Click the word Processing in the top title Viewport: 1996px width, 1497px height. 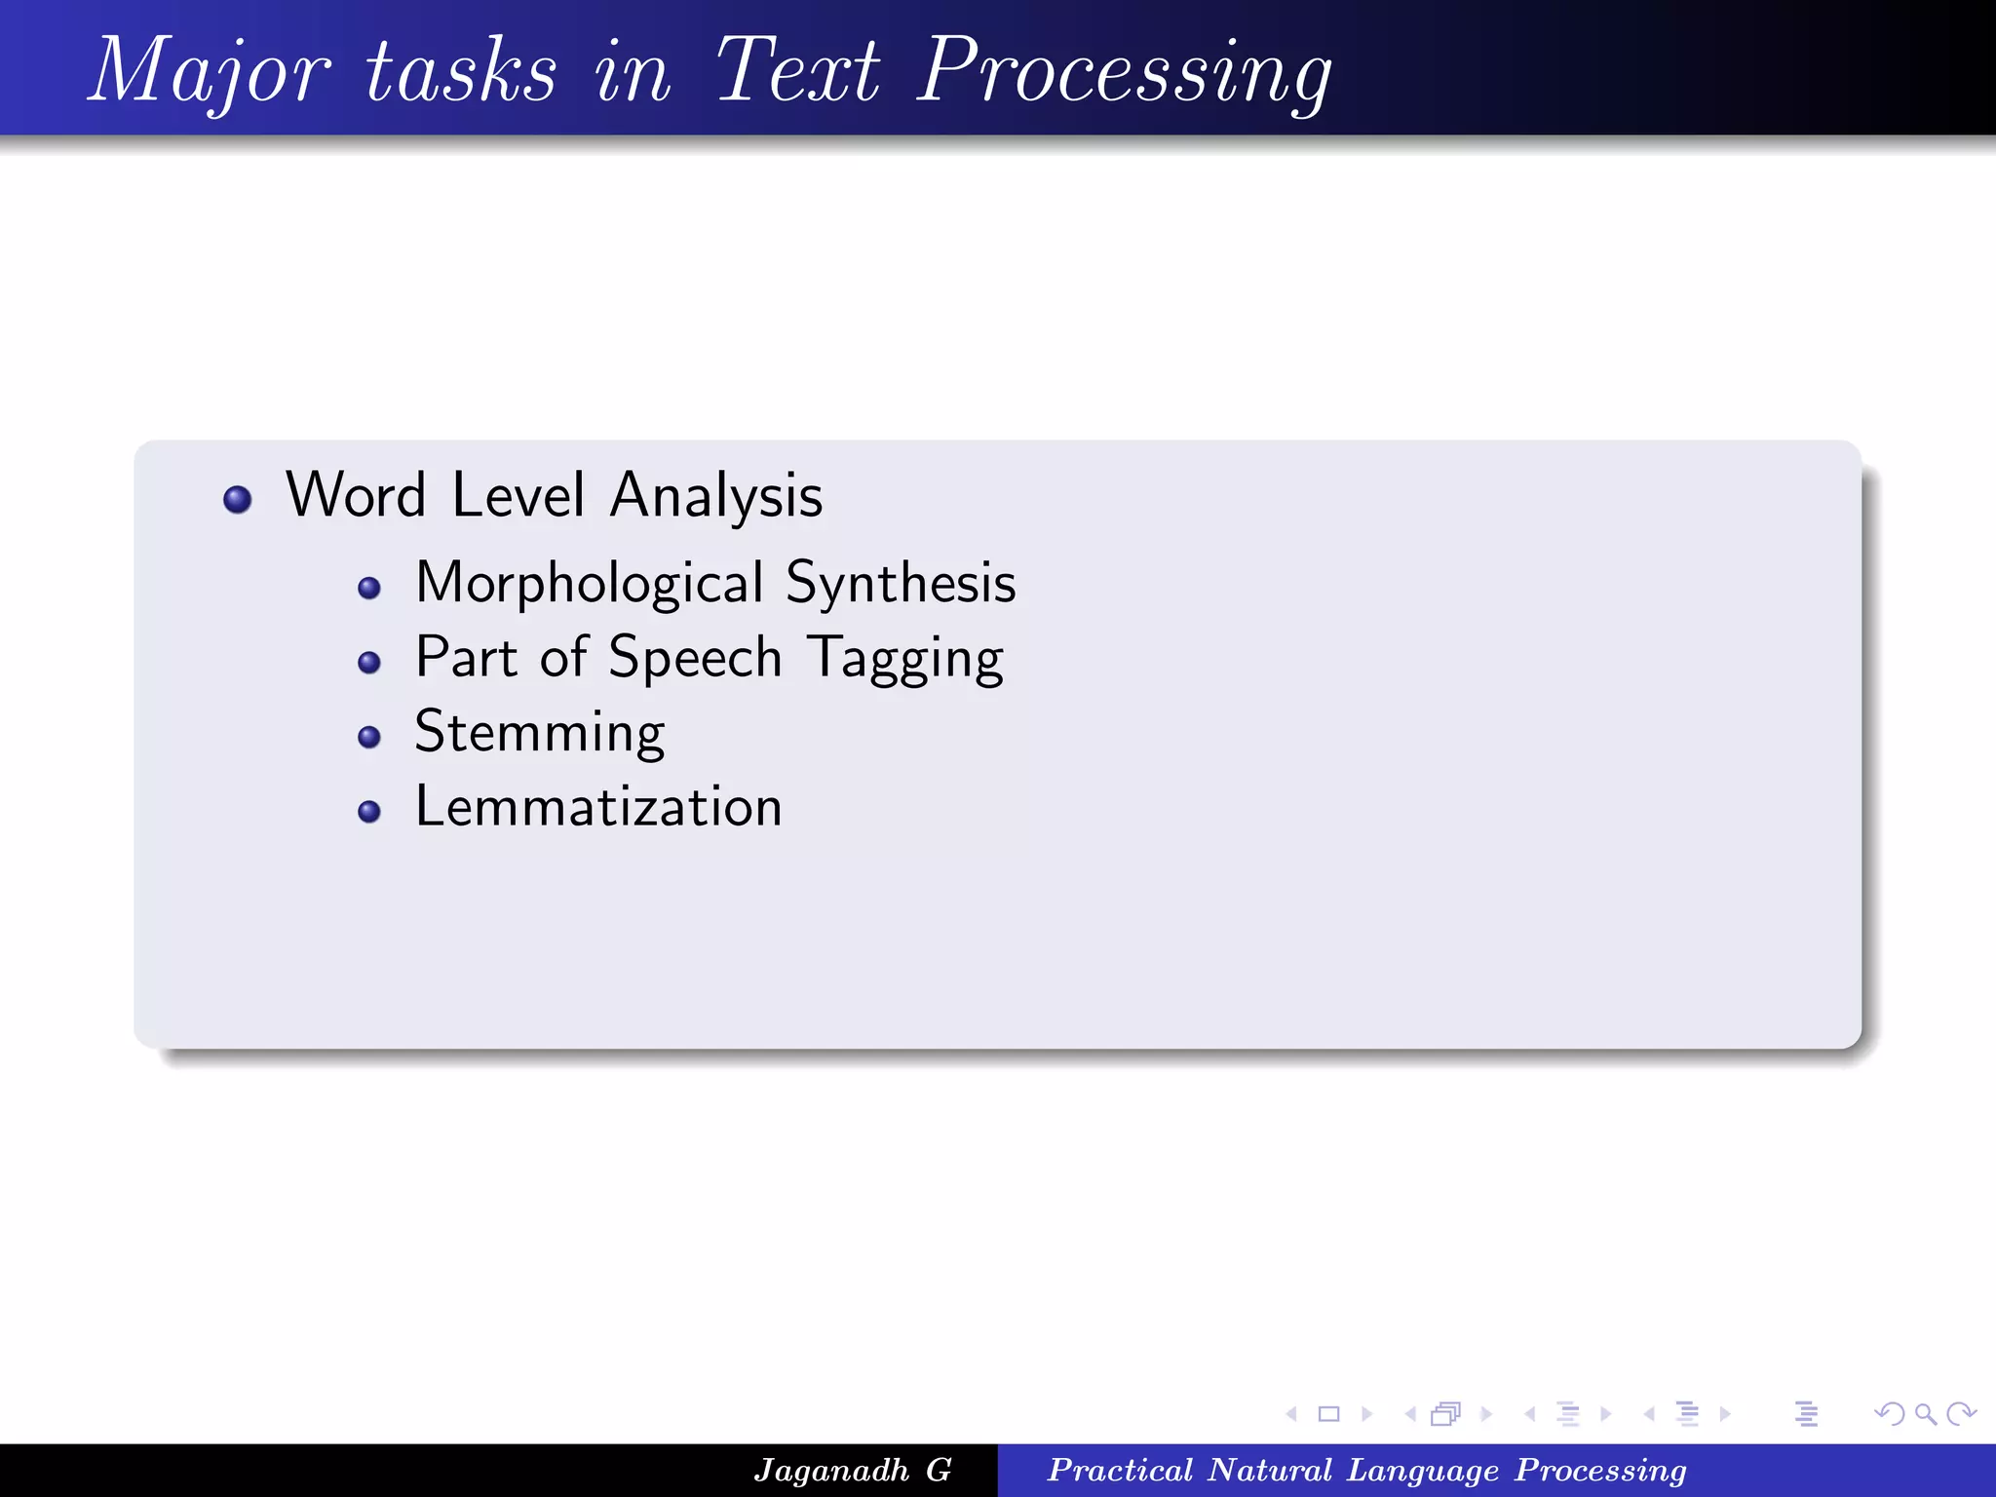(x=1125, y=72)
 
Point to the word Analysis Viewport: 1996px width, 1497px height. (x=716, y=496)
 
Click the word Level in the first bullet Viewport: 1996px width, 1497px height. (x=518, y=494)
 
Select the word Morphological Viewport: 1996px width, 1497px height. (x=589, y=584)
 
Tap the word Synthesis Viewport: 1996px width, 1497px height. (x=901, y=584)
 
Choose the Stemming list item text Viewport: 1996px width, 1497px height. (x=539, y=733)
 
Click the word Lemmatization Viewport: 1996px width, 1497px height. (x=598, y=807)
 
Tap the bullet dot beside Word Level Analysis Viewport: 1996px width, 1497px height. (x=237, y=500)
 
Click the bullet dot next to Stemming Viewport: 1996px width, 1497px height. (x=368, y=737)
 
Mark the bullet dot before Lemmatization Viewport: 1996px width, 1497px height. (x=368, y=811)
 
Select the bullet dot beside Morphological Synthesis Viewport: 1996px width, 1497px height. (x=368, y=588)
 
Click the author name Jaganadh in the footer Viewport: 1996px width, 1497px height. (x=830, y=1470)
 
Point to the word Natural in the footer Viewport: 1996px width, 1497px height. (x=1269, y=1470)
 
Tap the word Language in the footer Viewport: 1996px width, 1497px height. (x=1423, y=1470)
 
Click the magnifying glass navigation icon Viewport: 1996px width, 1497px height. (x=1925, y=1413)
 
